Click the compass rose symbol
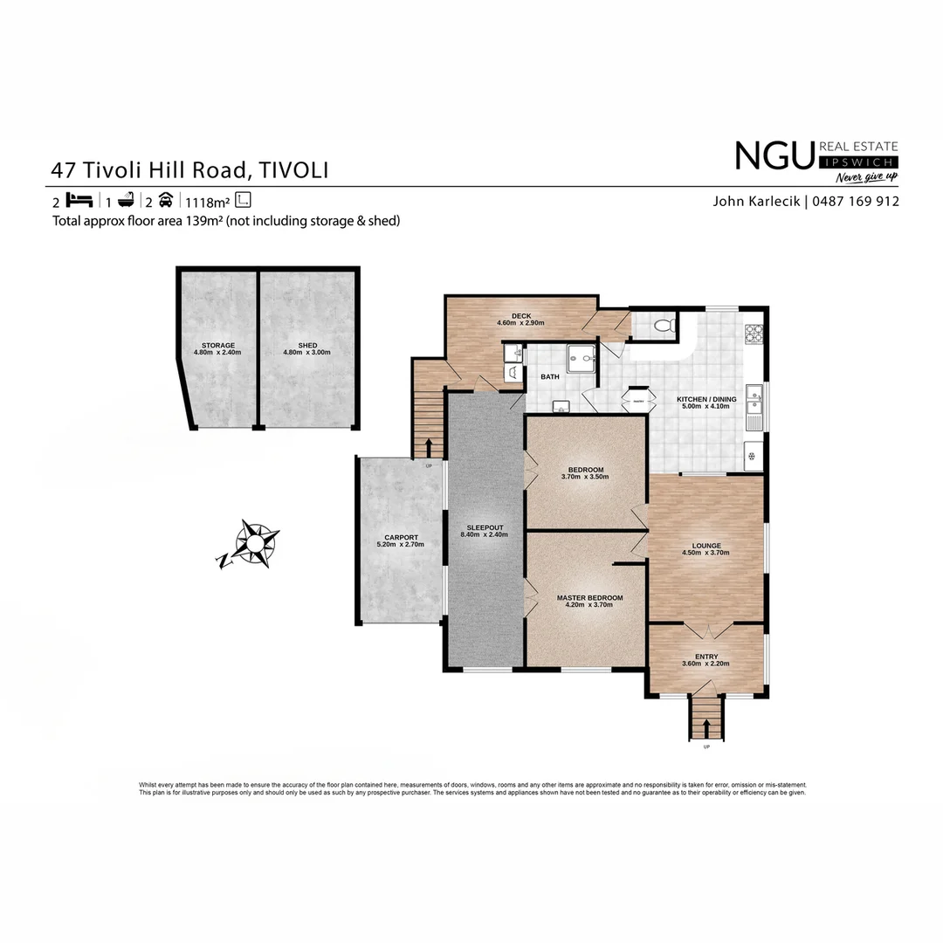[x=251, y=544]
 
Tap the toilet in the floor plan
[x=664, y=327]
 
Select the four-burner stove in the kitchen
[x=754, y=334]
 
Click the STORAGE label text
[x=217, y=346]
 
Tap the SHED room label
[x=307, y=346]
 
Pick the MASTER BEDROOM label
[x=589, y=598]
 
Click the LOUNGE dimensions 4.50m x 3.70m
[x=706, y=553]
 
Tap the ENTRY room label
[x=706, y=657]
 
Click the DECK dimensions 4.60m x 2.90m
[x=520, y=323]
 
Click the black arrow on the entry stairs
[x=706, y=727]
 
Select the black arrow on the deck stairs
[x=429, y=447]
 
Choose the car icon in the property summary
[x=166, y=199]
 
